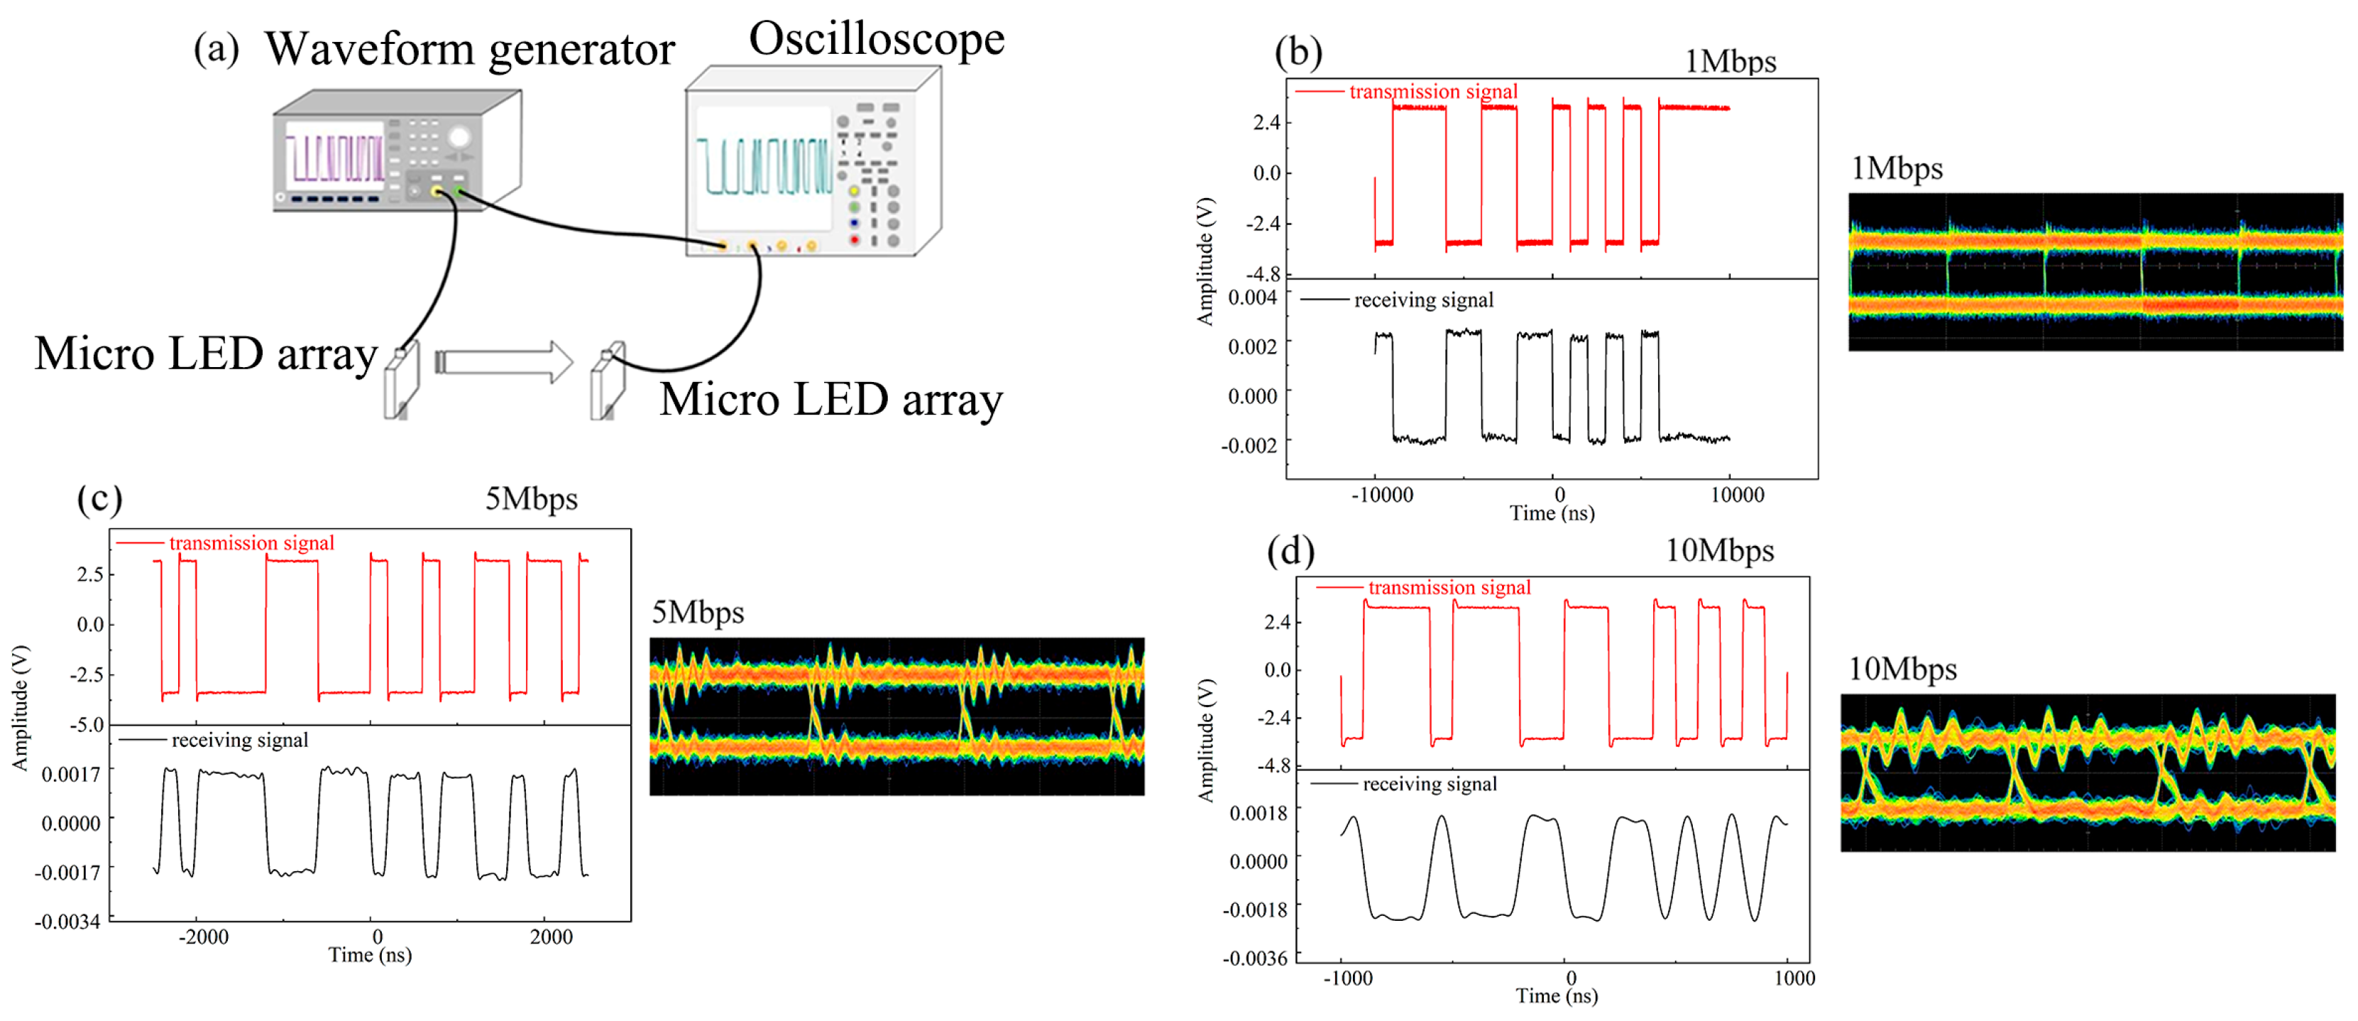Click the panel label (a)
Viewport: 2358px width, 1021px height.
[x=216, y=48]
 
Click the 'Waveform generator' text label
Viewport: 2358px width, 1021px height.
[x=470, y=50]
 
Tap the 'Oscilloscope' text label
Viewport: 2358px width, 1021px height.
[x=876, y=39]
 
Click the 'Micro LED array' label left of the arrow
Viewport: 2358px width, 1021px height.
[x=206, y=354]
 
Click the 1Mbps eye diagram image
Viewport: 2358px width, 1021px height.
[x=2095, y=271]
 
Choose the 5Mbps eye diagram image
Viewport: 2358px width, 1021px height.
[x=896, y=716]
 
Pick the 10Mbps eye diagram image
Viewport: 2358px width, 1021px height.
[x=2088, y=772]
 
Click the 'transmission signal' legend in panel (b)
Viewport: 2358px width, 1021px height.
[x=1432, y=92]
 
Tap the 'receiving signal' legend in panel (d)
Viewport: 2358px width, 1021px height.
[x=1429, y=784]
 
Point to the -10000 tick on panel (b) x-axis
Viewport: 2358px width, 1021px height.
[x=1381, y=496]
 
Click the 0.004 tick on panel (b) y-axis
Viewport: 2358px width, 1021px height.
[x=1251, y=297]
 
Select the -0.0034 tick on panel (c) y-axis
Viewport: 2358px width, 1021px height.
[x=67, y=921]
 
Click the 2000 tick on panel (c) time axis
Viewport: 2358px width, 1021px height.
[x=550, y=937]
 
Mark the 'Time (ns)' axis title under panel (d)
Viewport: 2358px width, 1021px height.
[x=1556, y=995]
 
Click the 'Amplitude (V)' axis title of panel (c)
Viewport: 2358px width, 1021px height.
[x=20, y=707]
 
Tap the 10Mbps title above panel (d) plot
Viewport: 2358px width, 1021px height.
[x=1718, y=550]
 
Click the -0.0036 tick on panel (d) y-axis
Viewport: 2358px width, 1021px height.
[x=1256, y=958]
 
